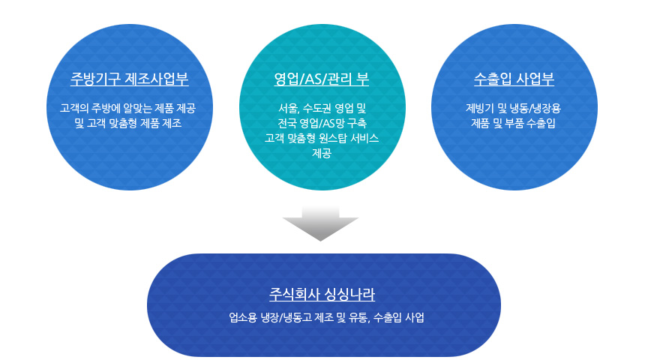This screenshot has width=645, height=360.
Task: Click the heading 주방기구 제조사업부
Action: pyautogui.click(x=130, y=79)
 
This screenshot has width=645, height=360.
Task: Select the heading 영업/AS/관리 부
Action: pyautogui.click(x=321, y=79)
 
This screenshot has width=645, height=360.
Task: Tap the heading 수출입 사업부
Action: pyautogui.click(x=514, y=79)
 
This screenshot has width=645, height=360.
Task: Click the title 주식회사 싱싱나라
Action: pyautogui.click(x=322, y=294)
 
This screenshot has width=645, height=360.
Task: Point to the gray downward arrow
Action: pyautogui.click(x=320, y=223)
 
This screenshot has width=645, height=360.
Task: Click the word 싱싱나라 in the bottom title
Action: pyautogui.click(x=349, y=294)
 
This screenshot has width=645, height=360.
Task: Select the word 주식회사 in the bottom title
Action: pyautogui.click(x=294, y=294)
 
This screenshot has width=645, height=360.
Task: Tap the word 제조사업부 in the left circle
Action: pyautogui.click(x=156, y=79)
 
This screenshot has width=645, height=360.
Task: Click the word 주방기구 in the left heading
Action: pyautogui.click(x=95, y=79)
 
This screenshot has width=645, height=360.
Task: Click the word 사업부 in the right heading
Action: pyautogui.click(x=535, y=79)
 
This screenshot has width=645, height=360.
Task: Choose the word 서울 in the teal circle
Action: pyautogui.click(x=289, y=108)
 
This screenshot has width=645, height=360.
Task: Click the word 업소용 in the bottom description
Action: pyautogui.click(x=243, y=317)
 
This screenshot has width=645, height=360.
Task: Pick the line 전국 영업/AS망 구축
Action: pyautogui.click(x=322, y=123)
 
